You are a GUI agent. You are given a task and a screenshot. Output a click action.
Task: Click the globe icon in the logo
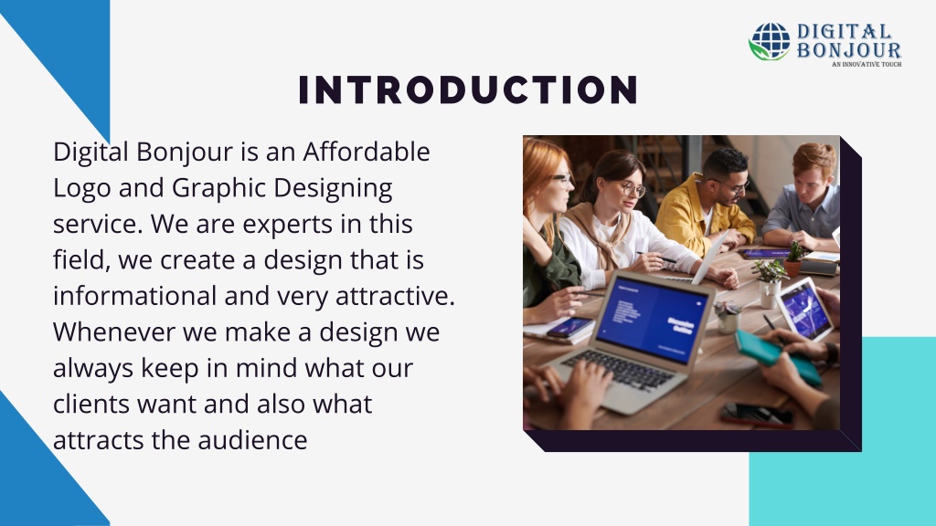point(770,42)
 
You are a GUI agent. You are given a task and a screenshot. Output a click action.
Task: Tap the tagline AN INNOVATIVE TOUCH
point(866,65)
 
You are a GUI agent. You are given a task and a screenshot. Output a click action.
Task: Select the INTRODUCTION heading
point(468,90)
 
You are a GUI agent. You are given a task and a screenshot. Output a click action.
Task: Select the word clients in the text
point(92,404)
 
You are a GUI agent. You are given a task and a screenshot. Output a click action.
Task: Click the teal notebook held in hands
point(777,357)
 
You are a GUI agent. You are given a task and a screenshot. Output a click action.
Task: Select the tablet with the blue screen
point(805,309)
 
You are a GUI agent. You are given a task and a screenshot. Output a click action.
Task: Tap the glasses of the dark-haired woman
point(631,190)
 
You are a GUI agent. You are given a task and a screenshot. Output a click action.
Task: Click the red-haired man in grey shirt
point(805,197)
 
